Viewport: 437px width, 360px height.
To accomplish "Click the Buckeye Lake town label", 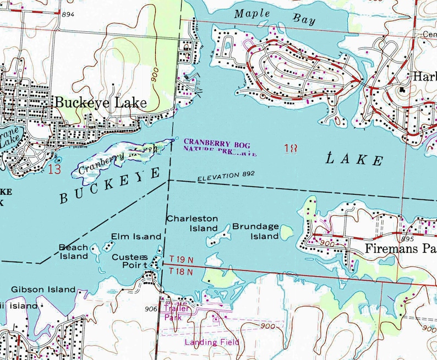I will [x=100, y=103].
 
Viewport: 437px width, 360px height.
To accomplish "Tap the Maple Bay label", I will [x=275, y=17].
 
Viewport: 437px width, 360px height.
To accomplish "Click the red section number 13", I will [x=54, y=168].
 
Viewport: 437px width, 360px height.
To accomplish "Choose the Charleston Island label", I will [x=192, y=223].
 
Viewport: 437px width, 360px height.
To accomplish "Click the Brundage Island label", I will [x=255, y=231].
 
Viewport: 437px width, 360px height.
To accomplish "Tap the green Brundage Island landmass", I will [x=287, y=232].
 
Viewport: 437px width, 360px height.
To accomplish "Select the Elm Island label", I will [x=136, y=237].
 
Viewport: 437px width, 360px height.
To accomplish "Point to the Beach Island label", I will [x=73, y=252].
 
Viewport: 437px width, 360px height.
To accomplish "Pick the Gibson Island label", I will [x=43, y=289].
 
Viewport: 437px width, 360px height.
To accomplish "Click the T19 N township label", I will [x=181, y=259].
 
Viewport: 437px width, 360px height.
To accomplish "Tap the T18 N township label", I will [x=181, y=271].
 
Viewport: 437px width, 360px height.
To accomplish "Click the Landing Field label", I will [x=212, y=342].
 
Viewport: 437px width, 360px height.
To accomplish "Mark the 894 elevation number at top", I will [x=68, y=14].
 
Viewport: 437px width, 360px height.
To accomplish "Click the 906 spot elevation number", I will [x=151, y=309].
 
